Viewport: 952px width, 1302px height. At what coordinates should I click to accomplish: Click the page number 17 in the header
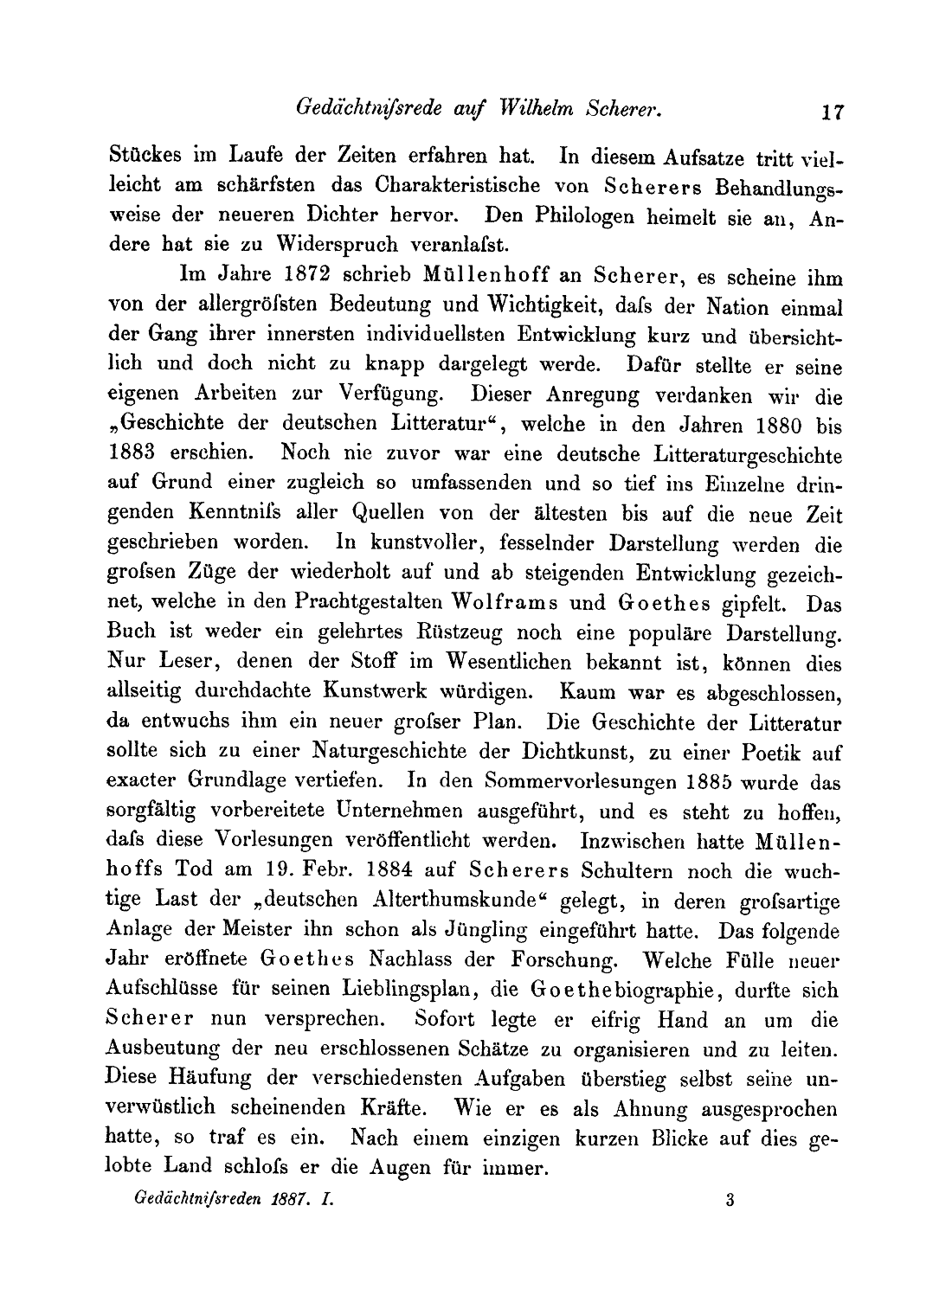pyautogui.click(x=833, y=112)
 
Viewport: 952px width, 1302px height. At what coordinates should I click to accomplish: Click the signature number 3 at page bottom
pyautogui.click(x=730, y=1201)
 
